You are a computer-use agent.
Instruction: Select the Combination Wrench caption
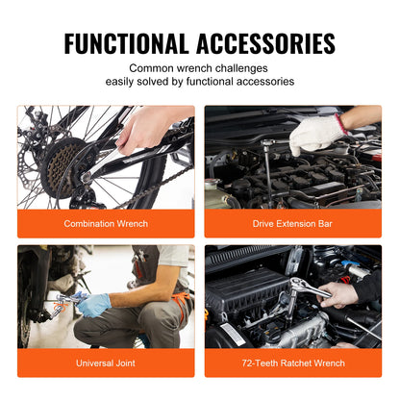106,223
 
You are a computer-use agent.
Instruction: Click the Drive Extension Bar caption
292,223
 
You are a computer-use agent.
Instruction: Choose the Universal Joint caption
106,362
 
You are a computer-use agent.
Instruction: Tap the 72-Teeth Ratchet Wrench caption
292,362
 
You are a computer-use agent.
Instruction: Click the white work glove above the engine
316,135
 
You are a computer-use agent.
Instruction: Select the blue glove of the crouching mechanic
93,306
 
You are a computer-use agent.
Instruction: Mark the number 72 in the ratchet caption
248,362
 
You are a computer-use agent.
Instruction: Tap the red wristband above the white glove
341,124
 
